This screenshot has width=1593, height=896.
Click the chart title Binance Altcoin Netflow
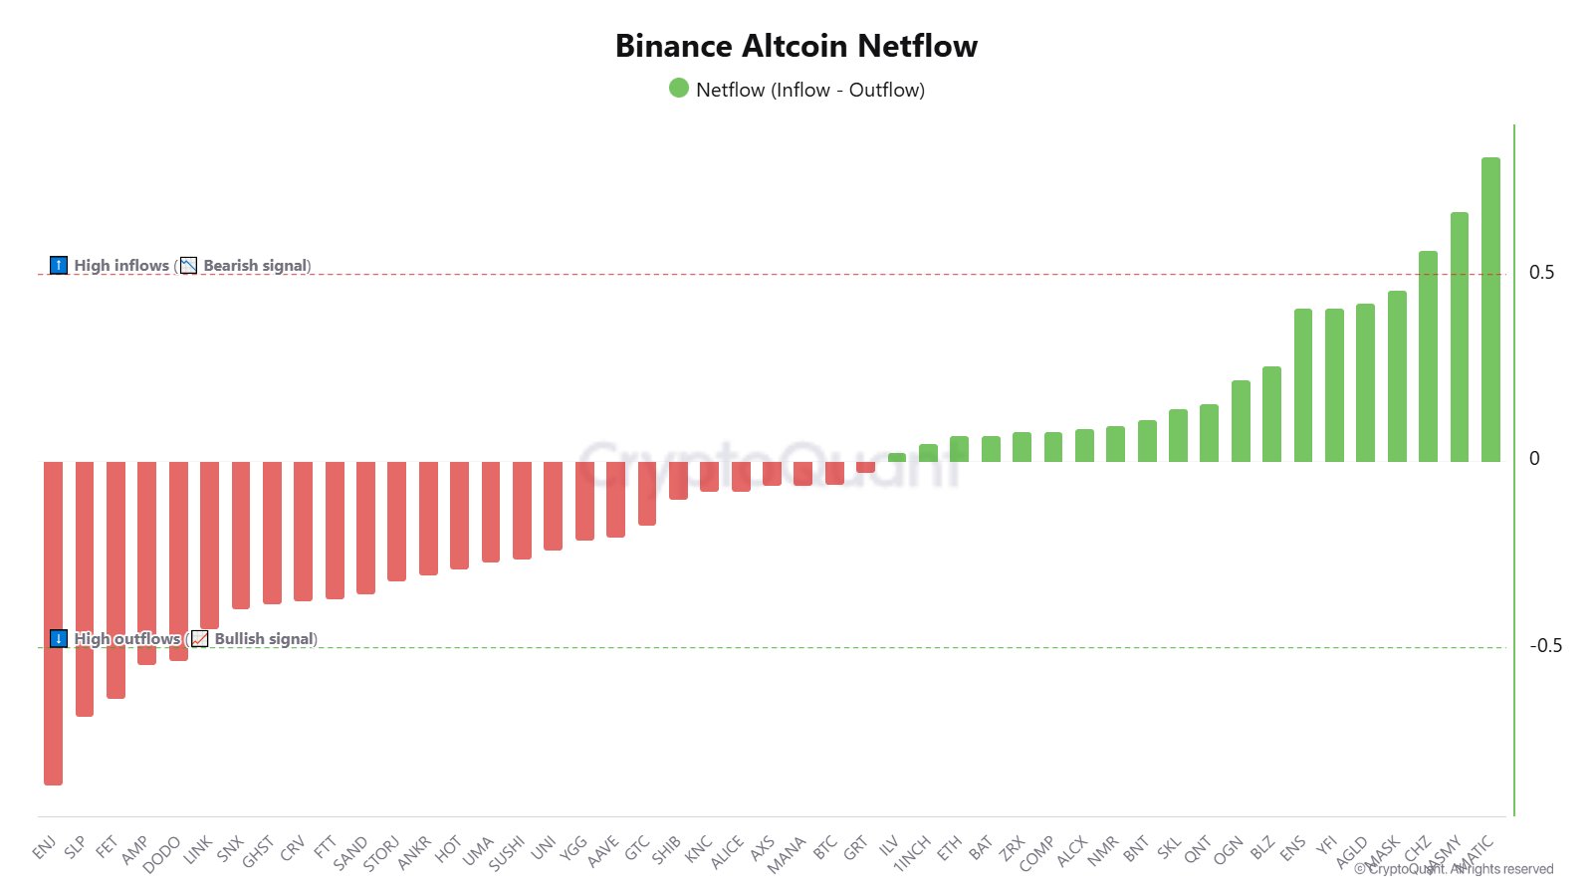click(796, 46)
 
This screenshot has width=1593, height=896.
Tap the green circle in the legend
click(679, 89)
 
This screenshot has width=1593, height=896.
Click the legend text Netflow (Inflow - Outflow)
click(810, 90)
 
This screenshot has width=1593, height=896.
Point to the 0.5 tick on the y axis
click(1541, 273)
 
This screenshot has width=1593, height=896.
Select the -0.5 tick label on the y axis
click(1545, 646)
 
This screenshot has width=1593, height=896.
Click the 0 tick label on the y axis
click(1534, 459)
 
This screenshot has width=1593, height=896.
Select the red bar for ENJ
click(53, 622)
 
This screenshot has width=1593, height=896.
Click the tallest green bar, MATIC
click(1490, 310)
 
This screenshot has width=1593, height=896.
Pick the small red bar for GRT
click(865, 467)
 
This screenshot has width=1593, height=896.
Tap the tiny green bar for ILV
click(897, 458)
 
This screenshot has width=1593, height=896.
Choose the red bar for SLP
click(85, 587)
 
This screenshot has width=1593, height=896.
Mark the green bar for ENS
click(1303, 385)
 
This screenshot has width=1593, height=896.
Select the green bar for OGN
click(1241, 421)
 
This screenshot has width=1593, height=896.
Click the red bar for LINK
click(209, 545)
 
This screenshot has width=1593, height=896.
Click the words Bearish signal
click(256, 266)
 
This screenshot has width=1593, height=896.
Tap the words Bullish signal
click(265, 639)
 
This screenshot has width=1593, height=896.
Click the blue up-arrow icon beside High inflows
click(59, 266)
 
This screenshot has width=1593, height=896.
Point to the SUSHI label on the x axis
click(507, 853)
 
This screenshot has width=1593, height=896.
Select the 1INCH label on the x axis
click(912, 853)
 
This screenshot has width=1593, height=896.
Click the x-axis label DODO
click(162, 854)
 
